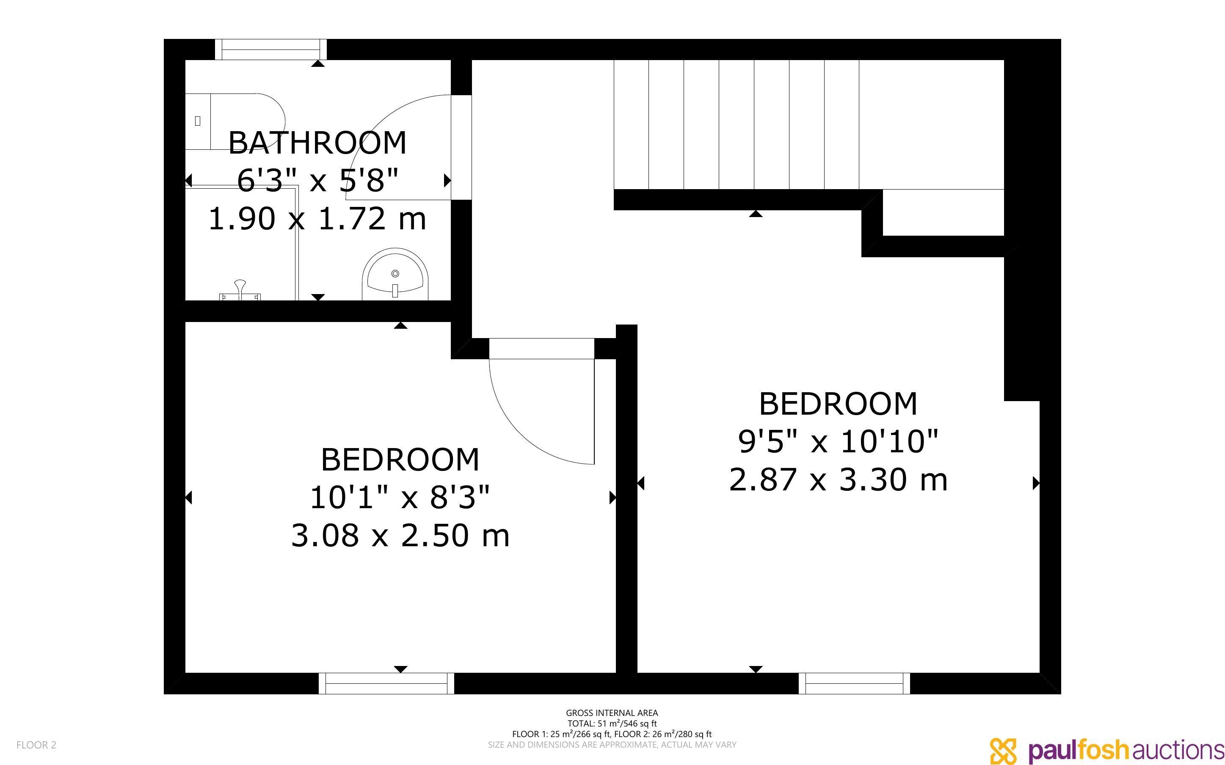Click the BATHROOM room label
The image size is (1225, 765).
point(317,143)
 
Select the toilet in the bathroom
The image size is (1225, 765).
point(235,121)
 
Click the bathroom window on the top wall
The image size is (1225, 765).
point(271,50)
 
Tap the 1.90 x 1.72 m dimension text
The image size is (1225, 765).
point(317,219)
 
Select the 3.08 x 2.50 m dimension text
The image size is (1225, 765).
point(400,536)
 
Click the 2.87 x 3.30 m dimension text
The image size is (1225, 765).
point(839,480)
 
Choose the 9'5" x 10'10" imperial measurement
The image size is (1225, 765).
point(839,441)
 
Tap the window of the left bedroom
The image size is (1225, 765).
point(386,683)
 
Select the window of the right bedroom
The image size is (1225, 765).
point(855,683)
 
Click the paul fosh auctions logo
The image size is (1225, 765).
point(1106,749)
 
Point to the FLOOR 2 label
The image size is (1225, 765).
point(36,745)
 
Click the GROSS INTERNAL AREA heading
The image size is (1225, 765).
point(612,713)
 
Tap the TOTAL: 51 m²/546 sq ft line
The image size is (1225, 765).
point(612,724)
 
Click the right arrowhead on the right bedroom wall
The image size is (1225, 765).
point(1036,483)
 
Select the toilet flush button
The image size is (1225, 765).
point(197,121)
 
